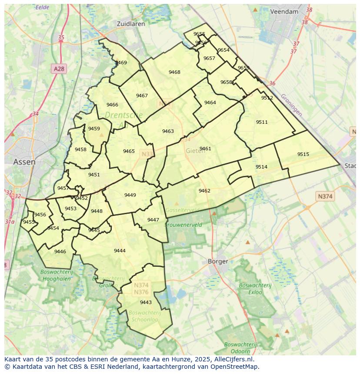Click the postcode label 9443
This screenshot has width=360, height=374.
click(146, 302)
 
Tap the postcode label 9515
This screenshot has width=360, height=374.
click(303, 154)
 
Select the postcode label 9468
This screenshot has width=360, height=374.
click(174, 72)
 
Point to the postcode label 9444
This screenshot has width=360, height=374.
click(120, 251)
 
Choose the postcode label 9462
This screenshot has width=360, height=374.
click(204, 191)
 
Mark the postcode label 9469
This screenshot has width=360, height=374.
click(121, 63)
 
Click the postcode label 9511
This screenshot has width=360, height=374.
click(262, 122)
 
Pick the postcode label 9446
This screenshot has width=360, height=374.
click(60, 252)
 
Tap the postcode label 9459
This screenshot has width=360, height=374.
click(94, 129)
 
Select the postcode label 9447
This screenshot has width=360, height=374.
click(153, 220)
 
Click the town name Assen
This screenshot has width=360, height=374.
click(24, 162)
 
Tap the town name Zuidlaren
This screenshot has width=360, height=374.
click(131, 24)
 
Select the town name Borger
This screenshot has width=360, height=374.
click(218, 261)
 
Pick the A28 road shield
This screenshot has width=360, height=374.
click(59, 69)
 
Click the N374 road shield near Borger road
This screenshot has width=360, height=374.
click(325, 196)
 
